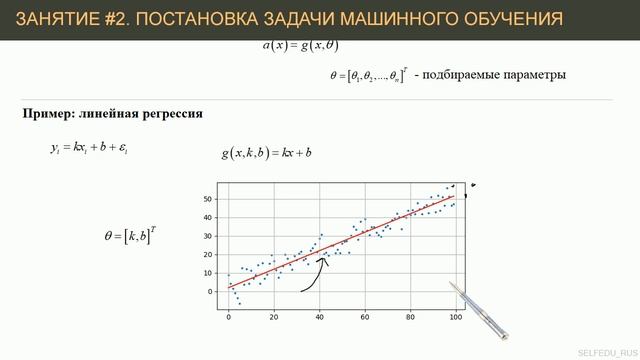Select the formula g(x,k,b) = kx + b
267,153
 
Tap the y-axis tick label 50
208,199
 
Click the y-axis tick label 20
208,255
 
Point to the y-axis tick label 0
211,292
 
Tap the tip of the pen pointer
451,285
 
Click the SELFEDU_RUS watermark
607,352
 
